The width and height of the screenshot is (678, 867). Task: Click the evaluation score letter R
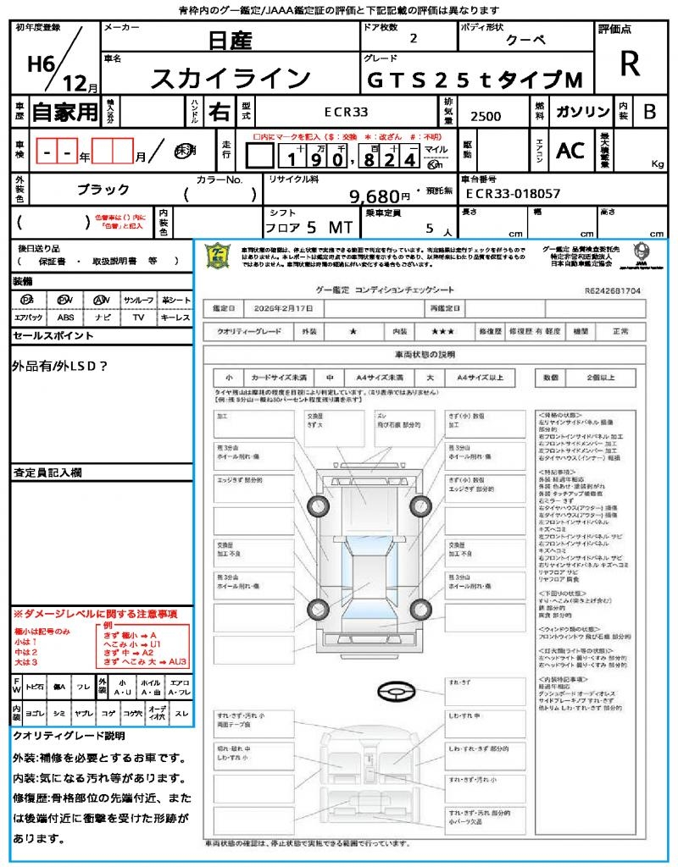[x=630, y=64]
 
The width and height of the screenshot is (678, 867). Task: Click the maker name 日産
[x=229, y=41]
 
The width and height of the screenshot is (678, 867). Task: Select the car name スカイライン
[x=231, y=79]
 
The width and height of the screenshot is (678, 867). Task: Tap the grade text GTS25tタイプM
[x=475, y=80]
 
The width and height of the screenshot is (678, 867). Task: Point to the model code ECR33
[x=347, y=111]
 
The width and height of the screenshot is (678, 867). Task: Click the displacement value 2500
[x=486, y=117]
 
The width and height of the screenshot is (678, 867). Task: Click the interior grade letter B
[x=649, y=112]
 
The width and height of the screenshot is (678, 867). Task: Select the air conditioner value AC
[x=570, y=151]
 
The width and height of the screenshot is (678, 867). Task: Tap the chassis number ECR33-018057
[x=514, y=194]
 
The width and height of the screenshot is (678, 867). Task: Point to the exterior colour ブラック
[x=103, y=190]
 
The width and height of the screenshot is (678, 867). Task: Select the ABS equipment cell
[x=65, y=318]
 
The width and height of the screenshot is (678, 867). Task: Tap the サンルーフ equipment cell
[x=139, y=301]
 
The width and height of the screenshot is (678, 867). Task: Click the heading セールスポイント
[x=53, y=336]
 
